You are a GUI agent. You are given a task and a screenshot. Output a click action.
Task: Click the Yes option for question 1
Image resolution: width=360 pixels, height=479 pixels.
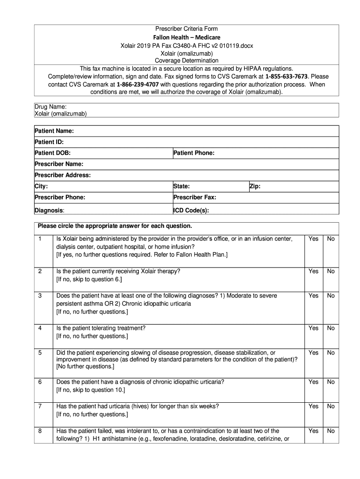click(313, 239)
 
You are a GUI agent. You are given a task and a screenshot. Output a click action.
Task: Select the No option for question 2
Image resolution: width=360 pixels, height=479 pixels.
click(331, 271)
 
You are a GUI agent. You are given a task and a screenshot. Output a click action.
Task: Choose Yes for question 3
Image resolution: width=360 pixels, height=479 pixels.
click(313, 296)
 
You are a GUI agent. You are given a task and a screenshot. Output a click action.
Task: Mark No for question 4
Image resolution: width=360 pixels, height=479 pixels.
click(331, 328)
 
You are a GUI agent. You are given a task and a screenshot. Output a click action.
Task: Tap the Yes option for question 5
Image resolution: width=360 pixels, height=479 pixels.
click(313, 352)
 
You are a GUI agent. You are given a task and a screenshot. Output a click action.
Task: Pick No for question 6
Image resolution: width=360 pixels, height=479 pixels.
click(331, 382)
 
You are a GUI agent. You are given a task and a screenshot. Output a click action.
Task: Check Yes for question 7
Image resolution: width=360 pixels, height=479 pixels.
click(313, 406)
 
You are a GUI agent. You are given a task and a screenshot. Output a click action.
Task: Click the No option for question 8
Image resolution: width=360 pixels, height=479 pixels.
click(331, 431)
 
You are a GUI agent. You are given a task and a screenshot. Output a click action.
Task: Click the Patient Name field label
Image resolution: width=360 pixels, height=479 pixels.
click(54, 131)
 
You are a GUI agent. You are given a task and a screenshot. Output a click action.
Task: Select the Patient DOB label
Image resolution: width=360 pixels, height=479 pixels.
click(52, 153)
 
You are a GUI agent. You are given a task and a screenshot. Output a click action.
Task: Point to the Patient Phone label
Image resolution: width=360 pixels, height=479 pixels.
click(194, 153)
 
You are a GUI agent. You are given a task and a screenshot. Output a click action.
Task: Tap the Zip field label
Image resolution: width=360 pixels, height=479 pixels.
click(255, 186)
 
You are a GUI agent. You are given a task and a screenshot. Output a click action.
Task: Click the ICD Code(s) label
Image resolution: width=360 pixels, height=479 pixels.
click(191, 210)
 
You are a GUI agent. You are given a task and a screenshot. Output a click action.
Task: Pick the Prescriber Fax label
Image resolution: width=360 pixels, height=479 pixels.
click(194, 197)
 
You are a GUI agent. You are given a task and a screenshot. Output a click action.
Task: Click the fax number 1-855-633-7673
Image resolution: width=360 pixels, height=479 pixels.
click(287, 76)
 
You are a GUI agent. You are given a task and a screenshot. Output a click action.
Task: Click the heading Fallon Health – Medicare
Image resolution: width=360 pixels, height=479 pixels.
click(187, 37)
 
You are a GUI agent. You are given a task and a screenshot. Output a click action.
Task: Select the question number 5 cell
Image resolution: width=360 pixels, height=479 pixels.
click(40, 352)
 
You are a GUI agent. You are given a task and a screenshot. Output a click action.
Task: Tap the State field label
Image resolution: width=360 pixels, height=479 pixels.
click(181, 186)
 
